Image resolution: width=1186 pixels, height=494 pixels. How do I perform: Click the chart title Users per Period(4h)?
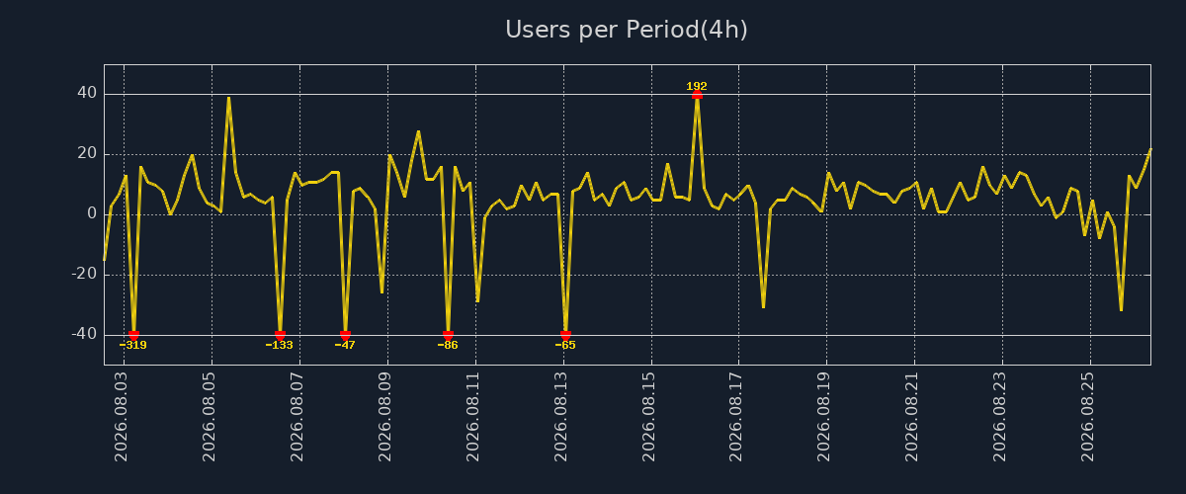click(x=627, y=30)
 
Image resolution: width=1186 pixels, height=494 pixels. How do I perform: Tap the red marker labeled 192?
click(x=698, y=95)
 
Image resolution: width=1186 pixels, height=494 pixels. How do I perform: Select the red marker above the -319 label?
click(x=133, y=335)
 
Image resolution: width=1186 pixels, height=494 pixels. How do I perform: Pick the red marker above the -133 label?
click(x=280, y=335)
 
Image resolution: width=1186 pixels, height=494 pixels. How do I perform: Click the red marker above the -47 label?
click(x=345, y=335)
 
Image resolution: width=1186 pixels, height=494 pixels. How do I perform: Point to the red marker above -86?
click(x=448, y=335)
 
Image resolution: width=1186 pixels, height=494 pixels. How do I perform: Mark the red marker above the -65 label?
click(x=565, y=335)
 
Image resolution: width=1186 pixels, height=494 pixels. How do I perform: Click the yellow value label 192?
click(x=697, y=86)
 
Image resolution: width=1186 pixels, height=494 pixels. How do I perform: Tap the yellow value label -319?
click(x=132, y=345)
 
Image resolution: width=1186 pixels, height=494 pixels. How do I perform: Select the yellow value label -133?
click(x=279, y=345)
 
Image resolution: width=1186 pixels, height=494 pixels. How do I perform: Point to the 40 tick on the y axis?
click(x=87, y=93)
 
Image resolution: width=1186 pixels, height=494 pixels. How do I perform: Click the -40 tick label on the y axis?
click(x=84, y=334)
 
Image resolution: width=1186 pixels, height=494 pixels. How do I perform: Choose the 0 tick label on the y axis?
click(x=92, y=213)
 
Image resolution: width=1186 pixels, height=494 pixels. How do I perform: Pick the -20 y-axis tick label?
click(x=84, y=274)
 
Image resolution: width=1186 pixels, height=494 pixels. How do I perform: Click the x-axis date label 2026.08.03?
click(x=122, y=417)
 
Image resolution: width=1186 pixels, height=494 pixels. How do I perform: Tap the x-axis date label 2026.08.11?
click(x=472, y=417)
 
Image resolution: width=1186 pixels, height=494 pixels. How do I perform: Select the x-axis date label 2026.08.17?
click(x=736, y=417)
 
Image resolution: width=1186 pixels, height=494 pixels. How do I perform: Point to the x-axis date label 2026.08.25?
click(x=1087, y=417)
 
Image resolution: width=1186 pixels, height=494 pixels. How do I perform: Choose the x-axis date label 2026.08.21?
click(x=911, y=417)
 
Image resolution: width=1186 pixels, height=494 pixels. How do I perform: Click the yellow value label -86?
click(x=448, y=345)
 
